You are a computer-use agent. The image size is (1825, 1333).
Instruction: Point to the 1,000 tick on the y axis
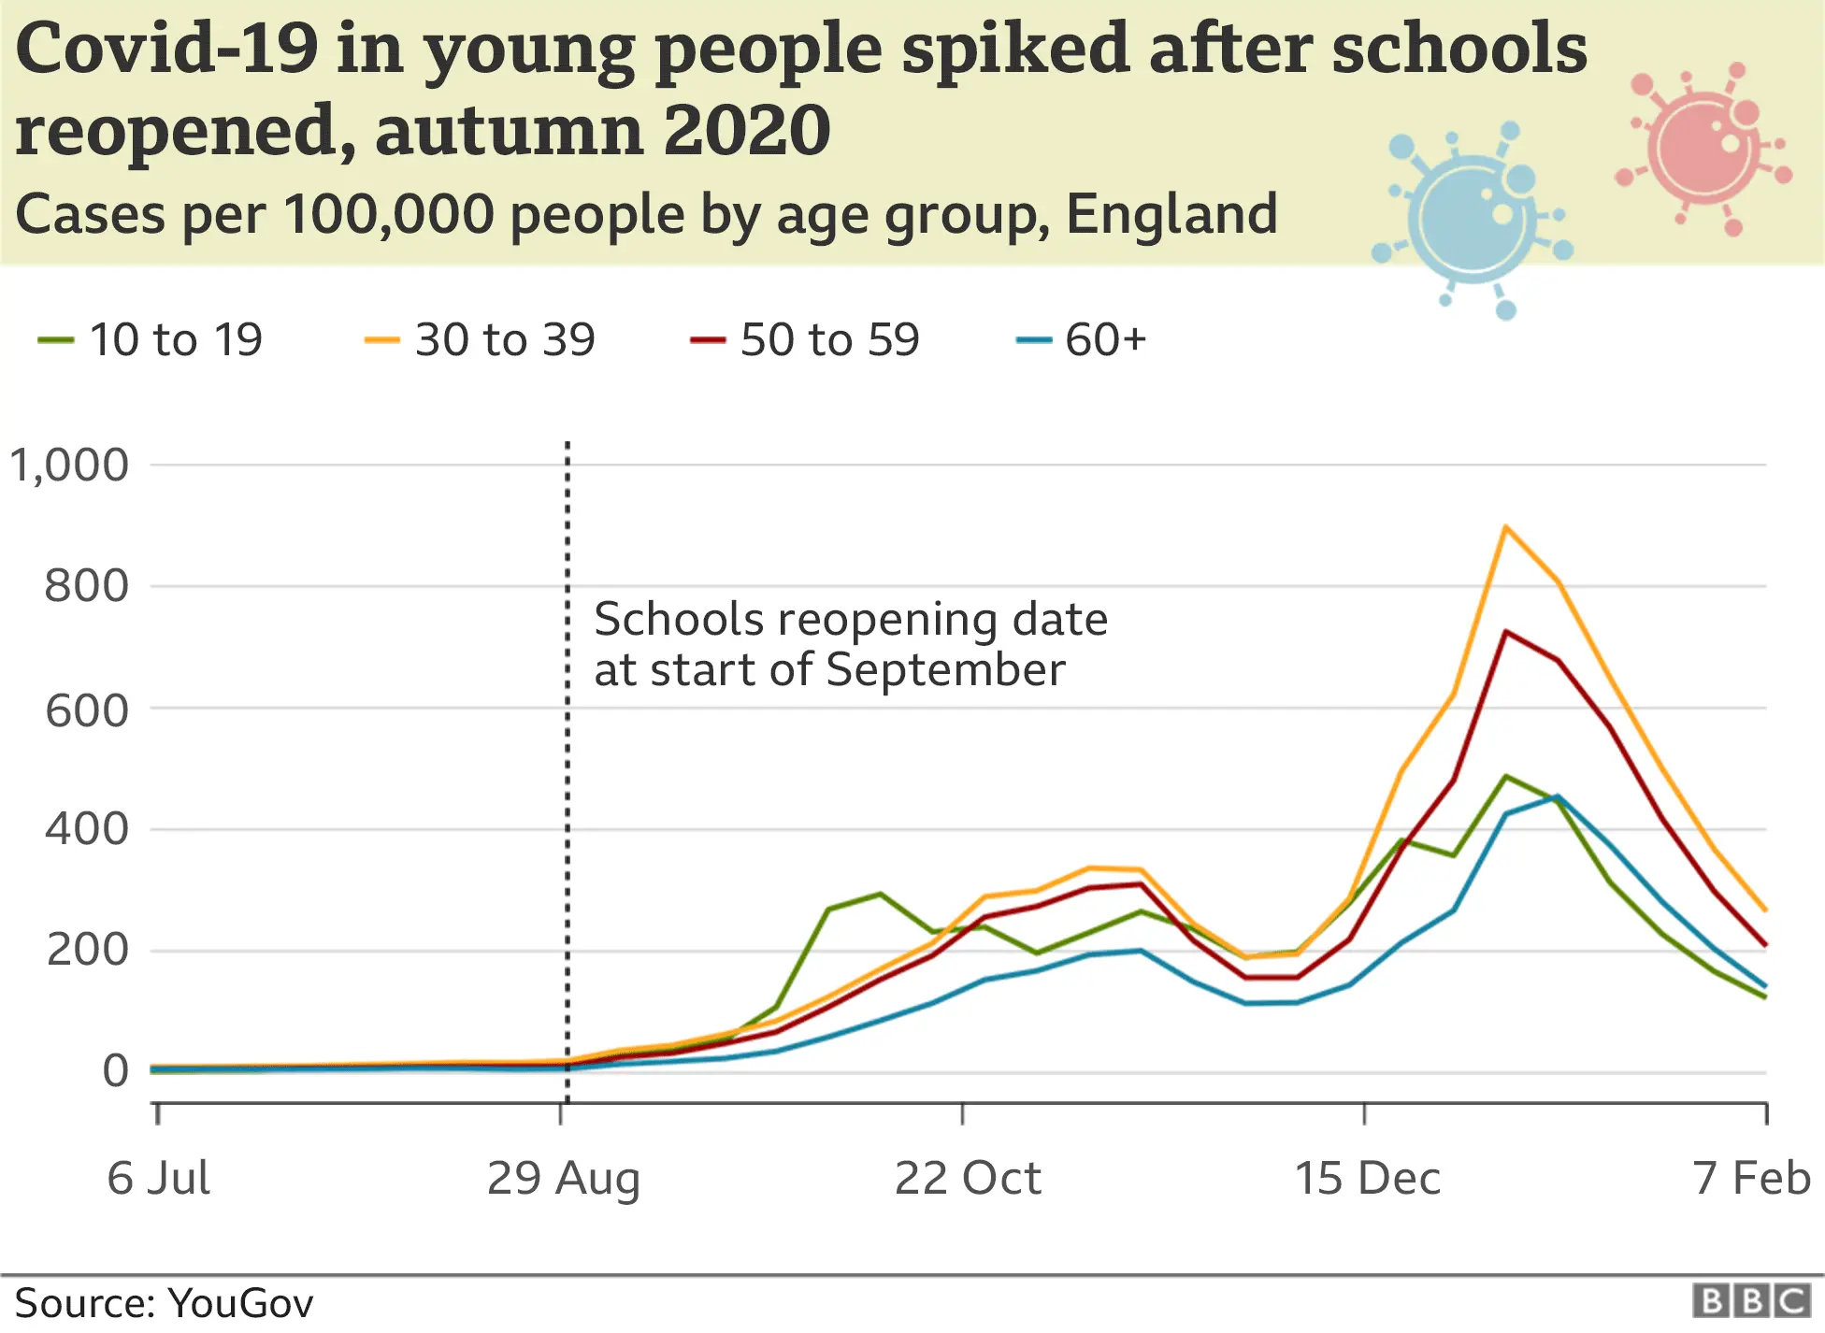(69, 465)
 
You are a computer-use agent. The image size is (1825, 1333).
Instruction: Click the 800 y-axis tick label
(86, 586)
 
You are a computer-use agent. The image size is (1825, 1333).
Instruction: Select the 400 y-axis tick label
(86, 828)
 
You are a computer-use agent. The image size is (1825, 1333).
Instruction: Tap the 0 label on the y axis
(115, 1070)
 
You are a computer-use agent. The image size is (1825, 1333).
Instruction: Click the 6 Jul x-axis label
(158, 1177)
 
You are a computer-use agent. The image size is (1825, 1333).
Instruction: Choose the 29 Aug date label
(563, 1177)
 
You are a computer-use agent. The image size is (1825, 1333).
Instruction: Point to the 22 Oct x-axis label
(967, 1177)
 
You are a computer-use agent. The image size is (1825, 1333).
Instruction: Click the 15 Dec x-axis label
(1367, 1177)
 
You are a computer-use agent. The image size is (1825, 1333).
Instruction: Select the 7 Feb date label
(1751, 1177)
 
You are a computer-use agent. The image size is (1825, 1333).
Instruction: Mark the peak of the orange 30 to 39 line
(1505, 527)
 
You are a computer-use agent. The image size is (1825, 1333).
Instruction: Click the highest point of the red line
(1505, 632)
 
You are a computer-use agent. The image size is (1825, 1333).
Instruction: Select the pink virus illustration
(1703, 148)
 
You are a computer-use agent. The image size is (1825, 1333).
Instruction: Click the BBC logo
(1751, 1300)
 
